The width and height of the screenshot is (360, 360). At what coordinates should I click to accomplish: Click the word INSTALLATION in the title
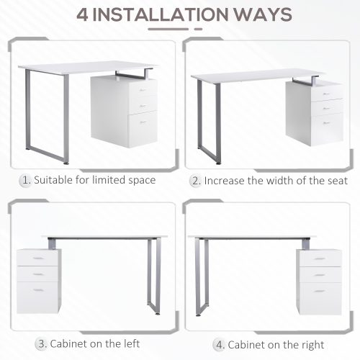coord(166,14)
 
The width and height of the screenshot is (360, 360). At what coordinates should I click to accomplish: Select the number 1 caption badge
coord(26,179)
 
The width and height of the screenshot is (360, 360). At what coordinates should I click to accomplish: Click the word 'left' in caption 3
coord(130,343)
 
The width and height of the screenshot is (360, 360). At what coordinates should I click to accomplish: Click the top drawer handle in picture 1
coord(143,91)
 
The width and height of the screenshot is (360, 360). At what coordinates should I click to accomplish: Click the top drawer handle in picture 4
coord(322,258)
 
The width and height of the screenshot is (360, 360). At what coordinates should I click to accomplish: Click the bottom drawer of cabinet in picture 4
coord(320,297)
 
